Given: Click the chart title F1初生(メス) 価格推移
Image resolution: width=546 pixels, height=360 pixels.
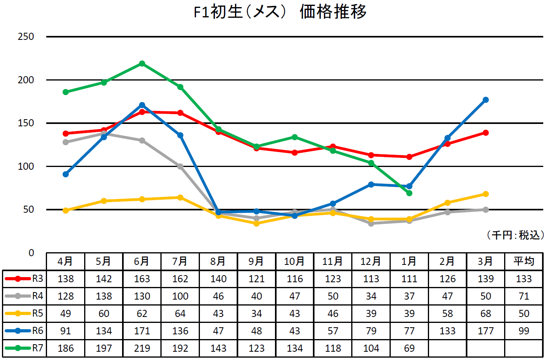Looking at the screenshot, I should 280,11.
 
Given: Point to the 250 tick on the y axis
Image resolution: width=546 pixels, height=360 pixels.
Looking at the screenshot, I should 26,37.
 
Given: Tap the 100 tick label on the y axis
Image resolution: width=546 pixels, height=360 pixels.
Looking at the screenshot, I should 26,166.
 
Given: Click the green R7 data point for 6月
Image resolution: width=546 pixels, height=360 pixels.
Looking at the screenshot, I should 142,64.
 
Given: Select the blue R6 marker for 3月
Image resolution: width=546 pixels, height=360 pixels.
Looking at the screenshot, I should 486,100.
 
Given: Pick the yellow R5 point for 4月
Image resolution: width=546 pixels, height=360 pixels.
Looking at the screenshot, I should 66,210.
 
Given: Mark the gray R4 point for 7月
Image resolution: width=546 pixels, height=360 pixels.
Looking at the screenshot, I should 180,167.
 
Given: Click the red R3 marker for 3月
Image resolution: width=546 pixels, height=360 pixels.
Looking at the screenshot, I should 486,133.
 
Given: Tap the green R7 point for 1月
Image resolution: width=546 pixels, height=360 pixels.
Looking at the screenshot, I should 409,193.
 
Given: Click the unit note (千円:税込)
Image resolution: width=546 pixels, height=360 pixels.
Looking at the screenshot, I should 515,235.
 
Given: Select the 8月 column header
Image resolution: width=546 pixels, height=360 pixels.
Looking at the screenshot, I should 218,261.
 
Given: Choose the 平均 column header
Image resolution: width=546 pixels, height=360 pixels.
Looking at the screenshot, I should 523,261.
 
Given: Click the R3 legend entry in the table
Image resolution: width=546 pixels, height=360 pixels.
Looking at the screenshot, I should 24,279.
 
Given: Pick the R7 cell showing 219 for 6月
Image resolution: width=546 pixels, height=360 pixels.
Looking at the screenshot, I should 142,348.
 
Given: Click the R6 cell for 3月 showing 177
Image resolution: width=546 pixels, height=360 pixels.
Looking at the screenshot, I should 486,331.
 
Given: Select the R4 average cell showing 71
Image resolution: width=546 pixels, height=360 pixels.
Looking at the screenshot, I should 523,296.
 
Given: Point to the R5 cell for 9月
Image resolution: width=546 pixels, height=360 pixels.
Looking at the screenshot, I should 256,313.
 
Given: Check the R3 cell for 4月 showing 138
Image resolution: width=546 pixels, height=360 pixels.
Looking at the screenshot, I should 66,279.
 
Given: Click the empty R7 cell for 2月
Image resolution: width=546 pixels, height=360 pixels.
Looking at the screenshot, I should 447,348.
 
